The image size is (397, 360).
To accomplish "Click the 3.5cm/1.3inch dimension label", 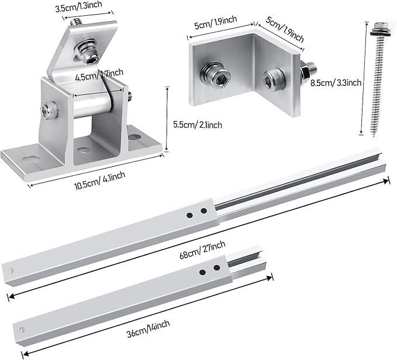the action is pyautogui.click(x=78, y=6).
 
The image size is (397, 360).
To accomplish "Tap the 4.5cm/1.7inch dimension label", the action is pyautogui.click(x=99, y=76).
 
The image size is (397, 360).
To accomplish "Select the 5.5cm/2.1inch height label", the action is pyautogui.click(x=198, y=125).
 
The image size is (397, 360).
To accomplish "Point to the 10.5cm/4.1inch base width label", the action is pyautogui.click(x=99, y=180).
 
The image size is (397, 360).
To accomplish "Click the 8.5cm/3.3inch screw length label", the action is pyautogui.click(x=336, y=83).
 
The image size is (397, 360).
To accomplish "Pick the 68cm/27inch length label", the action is pyautogui.click(x=202, y=250).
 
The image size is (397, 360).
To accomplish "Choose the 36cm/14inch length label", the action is pyautogui.click(x=148, y=329).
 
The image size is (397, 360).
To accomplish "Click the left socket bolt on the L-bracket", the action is pyautogui.click(x=216, y=76).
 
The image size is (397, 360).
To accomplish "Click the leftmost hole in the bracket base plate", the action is pyautogui.click(x=30, y=159).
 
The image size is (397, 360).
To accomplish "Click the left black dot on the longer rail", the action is pyautogui.click(x=189, y=215).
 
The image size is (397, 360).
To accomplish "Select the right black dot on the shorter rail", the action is pyautogui.click(x=216, y=268).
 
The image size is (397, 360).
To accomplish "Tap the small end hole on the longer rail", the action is pyautogui.click(x=11, y=271).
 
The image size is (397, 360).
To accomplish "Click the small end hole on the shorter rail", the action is pyautogui.click(x=22, y=330).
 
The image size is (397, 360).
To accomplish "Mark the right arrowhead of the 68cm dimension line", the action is pyautogui.click(x=386, y=181).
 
